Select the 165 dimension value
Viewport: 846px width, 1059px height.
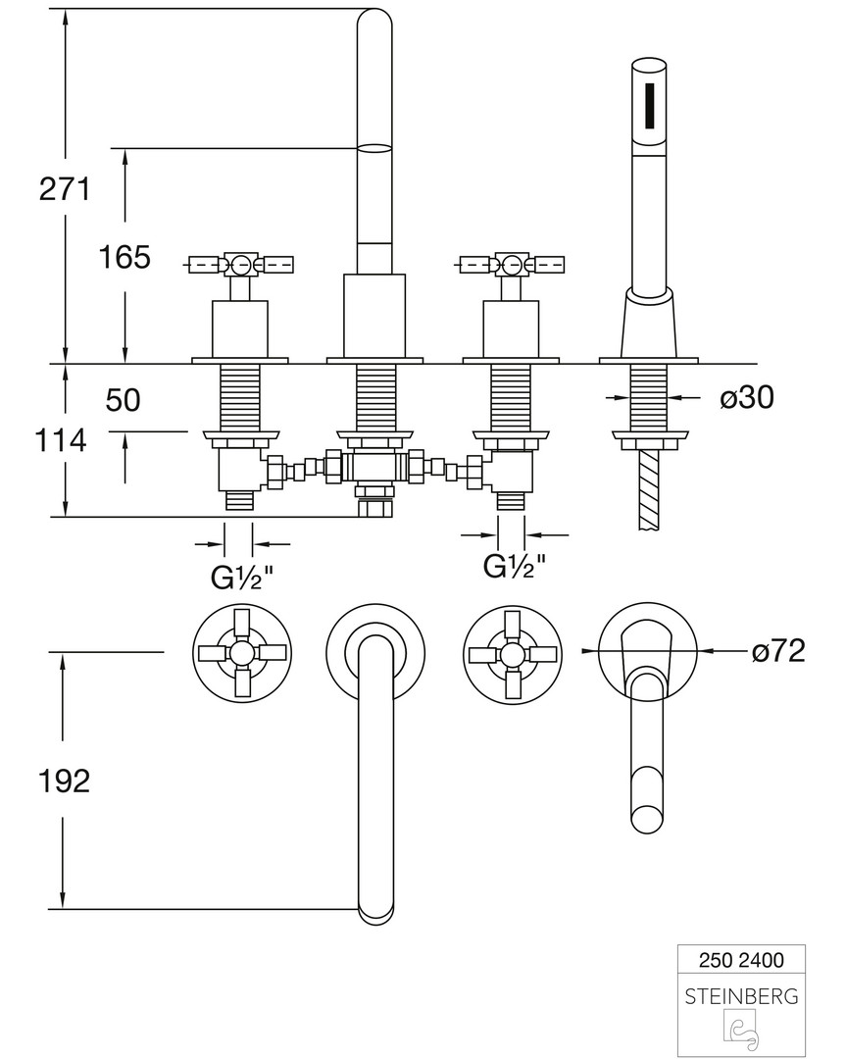click(x=124, y=257)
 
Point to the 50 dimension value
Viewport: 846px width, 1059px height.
click(x=124, y=400)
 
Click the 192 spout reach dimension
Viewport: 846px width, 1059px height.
click(x=64, y=781)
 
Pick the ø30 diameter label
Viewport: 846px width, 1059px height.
click(x=747, y=397)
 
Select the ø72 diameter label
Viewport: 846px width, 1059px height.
click(x=777, y=650)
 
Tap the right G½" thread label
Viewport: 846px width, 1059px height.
click(x=514, y=566)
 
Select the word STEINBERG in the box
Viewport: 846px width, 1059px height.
click(x=741, y=996)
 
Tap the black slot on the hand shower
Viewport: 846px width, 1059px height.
click(x=649, y=104)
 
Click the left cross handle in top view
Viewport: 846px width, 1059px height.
click(x=241, y=652)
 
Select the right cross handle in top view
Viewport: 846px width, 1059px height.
click(x=513, y=652)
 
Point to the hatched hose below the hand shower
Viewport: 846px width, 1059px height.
click(x=648, y=490)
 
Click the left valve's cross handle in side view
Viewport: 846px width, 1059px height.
click(x=240, y=264)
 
